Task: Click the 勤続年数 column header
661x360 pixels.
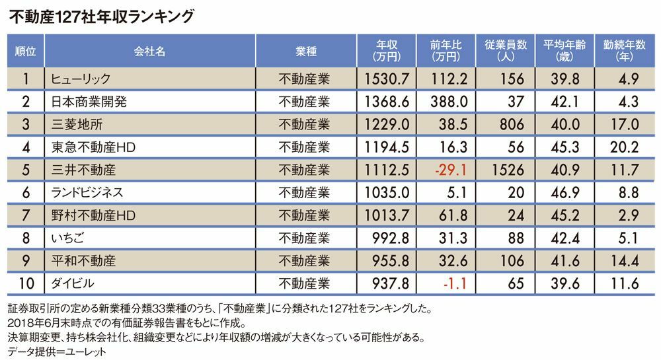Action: coord(621,50)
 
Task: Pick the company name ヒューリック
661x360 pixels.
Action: coord(77,79)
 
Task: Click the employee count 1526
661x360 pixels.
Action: coord(506,170)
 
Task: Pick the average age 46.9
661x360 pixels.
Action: coord(563,192)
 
